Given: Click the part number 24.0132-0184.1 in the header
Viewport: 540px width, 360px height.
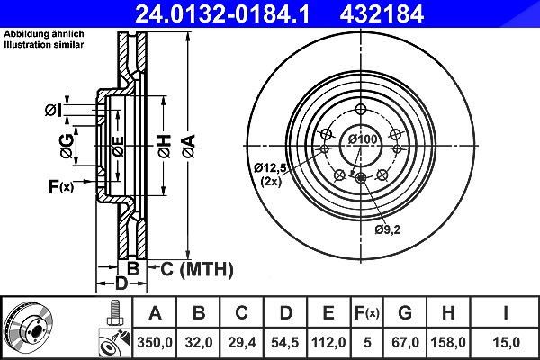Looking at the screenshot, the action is pyautogui.click(x=222, y=14).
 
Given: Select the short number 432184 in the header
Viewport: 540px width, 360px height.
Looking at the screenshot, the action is pyautogui.click(x=382, y=14).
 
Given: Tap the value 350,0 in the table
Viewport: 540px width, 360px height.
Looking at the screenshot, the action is pyautogui.click(x=154, y=342).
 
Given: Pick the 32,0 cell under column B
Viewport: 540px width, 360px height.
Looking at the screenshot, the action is pyautogui.click(x=198, y=342).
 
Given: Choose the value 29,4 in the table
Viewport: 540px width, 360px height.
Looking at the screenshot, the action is pyautogui.click(x=242, y=342).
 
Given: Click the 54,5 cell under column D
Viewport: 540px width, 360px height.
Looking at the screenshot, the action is pyautogui.click(x=285, y=342).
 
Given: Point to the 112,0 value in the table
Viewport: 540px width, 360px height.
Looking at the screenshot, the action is pyautogui.click(x=328, y=342).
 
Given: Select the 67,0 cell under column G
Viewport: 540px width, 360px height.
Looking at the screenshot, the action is pyautogui.click(x=405, y=342).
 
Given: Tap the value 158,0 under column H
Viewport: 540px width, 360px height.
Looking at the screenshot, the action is pyautogui.click(x=448, y=342).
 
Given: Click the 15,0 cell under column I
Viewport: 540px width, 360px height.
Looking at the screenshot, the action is pyautogui.click(x=506, y=342).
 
